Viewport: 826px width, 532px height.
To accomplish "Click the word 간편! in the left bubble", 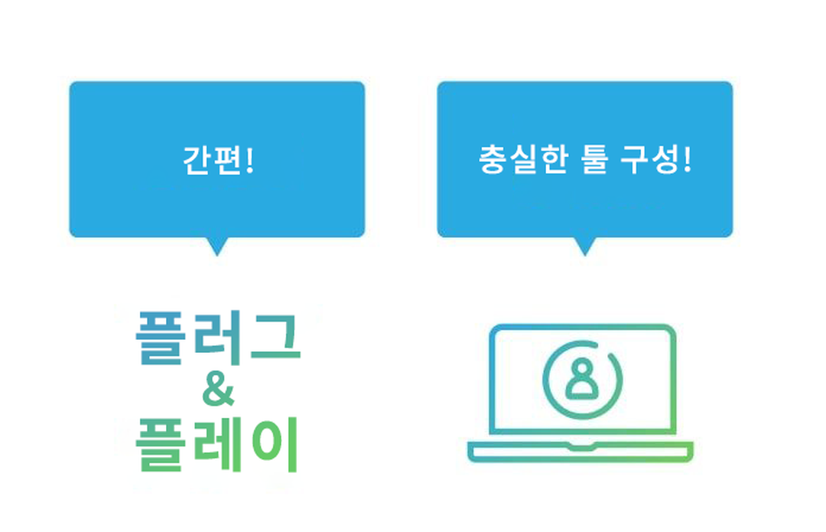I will [x=217, y=161].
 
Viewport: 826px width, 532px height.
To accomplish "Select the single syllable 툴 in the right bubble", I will [x=593, y=161].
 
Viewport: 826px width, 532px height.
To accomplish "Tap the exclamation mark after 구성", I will [x=686, y=161].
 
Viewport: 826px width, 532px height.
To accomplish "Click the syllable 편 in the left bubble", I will [x=228, y=161].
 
